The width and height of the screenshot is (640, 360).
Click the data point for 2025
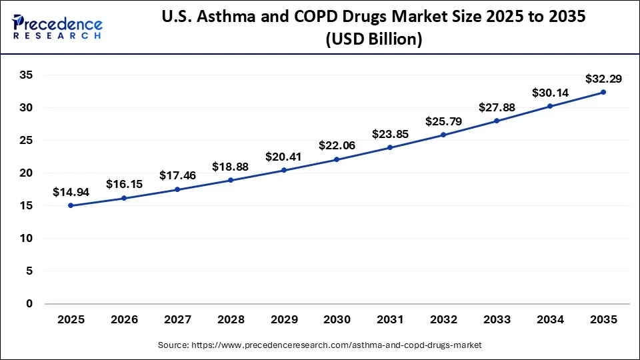click(71, 206)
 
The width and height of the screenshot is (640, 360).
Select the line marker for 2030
click(337, 159)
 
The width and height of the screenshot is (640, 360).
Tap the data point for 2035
click(603, 92)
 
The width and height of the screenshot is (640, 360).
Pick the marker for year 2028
click(231, 180)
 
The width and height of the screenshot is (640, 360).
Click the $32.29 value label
click(603, 79)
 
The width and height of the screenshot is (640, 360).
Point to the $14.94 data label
click(71, 192)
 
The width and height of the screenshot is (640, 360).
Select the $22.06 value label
click(337, 145)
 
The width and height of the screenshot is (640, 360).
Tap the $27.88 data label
click(496, 107)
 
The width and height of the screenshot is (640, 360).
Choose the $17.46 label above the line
click(177, 175)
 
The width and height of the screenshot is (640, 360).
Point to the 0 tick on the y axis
click(29, 304)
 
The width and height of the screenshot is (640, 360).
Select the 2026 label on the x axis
click(124, 320)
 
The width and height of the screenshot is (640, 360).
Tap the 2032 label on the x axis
click(443, 320)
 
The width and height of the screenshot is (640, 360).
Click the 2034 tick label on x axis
click(549, 320)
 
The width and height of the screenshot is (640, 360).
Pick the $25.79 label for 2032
click(443, 121)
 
